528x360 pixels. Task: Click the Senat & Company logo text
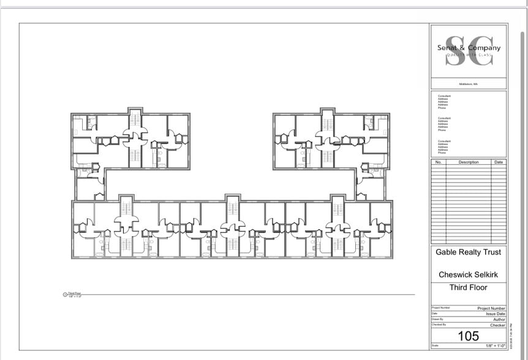click(469, 48)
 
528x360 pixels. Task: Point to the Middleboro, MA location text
click(469, 84)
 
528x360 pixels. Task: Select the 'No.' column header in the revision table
click(438, 162)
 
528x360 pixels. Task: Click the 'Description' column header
click(469, 162)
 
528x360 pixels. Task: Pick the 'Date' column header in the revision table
click(499, 162)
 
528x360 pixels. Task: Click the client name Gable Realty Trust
click(468, 252)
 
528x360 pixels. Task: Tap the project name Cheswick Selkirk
click(469, 275)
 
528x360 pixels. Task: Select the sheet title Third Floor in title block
click(469, 287)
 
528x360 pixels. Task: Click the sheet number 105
click(469, 336)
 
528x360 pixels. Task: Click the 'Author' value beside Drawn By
click(499, 320)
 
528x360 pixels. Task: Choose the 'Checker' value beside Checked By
click(497, 325)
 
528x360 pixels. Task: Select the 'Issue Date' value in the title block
click(496, 313)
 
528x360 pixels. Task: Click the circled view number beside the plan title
click(66, 294)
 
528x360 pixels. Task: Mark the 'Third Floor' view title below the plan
click(74, 294)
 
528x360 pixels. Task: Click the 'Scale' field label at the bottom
click(435, 347)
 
